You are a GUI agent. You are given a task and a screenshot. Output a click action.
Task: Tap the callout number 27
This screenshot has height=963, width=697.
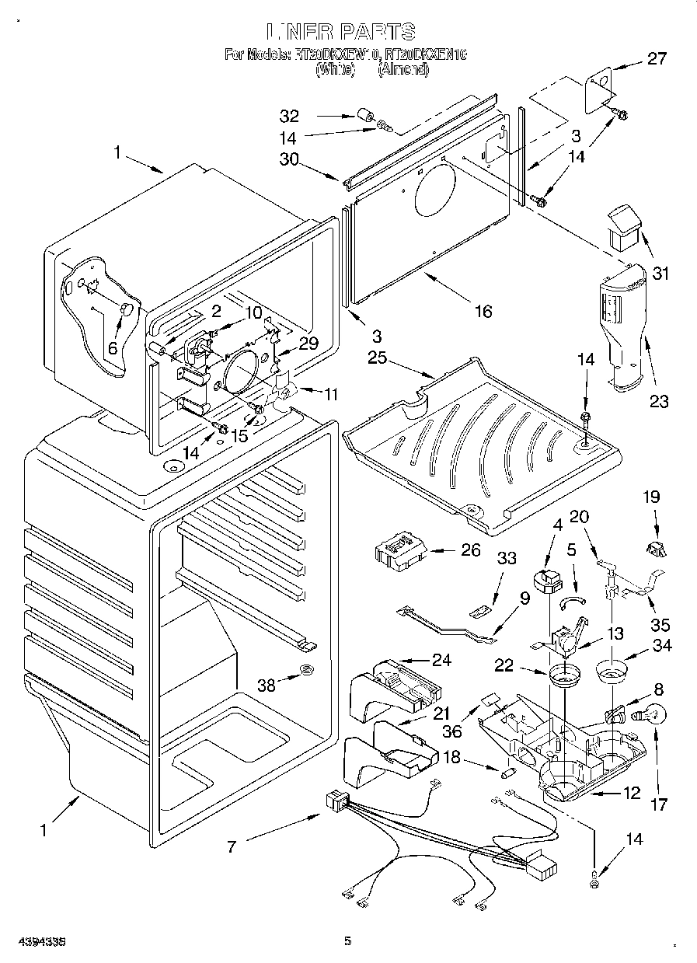pos(657,58)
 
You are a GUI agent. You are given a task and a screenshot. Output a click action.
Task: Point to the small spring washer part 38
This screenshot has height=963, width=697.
pos(308,670)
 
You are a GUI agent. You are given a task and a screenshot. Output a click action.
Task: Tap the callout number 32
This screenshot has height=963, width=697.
pos(289,117)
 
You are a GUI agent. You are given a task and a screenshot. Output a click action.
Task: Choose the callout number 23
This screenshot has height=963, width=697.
pos(659,402)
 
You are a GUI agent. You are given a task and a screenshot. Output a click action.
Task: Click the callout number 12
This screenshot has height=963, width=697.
pos(631,793)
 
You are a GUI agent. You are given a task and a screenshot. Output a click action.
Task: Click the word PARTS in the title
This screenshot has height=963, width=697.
pos(376,32)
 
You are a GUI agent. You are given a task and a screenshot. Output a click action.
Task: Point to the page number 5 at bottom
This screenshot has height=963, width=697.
pos(348,941)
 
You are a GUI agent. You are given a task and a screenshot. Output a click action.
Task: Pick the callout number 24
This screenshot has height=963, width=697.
pos(441,661)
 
